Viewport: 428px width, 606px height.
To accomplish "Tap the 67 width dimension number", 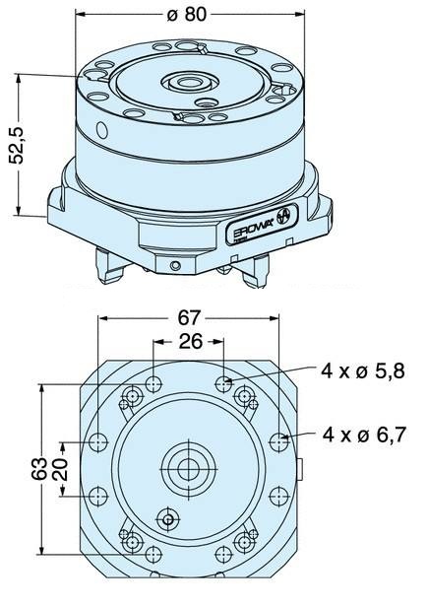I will pos(190,316).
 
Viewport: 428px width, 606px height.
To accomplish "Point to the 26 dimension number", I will pos(190,341).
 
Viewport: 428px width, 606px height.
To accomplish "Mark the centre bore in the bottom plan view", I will pos(188,468).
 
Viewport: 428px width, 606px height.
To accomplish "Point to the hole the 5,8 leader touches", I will pos(225,382).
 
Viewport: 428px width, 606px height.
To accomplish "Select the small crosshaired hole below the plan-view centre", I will pos(169,518).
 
